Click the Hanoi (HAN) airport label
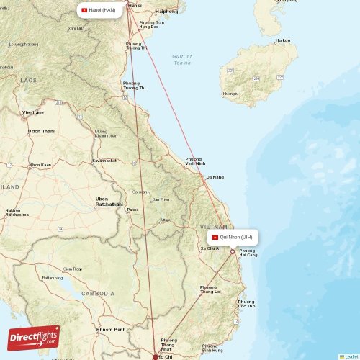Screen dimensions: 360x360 pyautogui.click(x=99, y=10)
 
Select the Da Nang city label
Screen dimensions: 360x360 pyautogui.click(x=215, y=177)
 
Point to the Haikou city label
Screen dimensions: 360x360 pyautogui.click(x=283, y=40)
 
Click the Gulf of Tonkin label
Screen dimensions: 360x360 pyautogui.click(x=182, y=60)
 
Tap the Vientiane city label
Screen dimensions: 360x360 pyautogui.click(x=33, y=112)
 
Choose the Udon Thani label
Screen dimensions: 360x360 pyautogui.click(x=41, y=131)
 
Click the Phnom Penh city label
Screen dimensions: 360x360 pyautogui.click(x=112, y=329)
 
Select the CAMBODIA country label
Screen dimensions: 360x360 pyautogui.click(x=97, y=294)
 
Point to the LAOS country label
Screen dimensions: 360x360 pyautogui.click(x=29, y=81)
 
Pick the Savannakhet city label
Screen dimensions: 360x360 pyautogui.click(x=104, y=160)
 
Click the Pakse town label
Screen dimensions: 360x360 pyautogui.click(x=132, y=210)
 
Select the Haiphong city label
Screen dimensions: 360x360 pyautogui.click(x=166, y=12)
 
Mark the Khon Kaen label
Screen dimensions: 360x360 pyautogui.click(x=40, y=165)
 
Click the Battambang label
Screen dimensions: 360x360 pyautogui.click(x=53, y=277)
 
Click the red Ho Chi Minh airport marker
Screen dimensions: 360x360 pyautogui.click(x=156, y=356)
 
